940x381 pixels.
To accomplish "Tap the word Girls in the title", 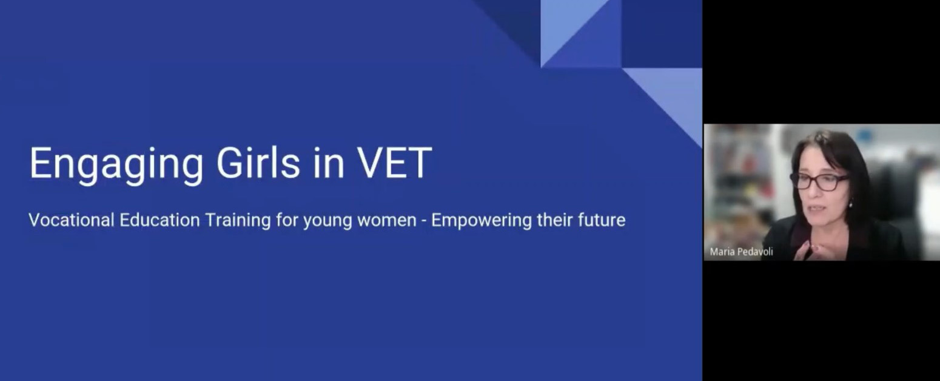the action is coord(258,163).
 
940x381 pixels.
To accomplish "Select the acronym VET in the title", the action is coord(395,163).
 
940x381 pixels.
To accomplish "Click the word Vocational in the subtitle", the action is coord(72,220).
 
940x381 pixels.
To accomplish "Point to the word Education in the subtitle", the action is coord(159,220).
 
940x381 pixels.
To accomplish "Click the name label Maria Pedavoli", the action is coord(741,252).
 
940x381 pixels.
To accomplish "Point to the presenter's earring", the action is coord(851,205).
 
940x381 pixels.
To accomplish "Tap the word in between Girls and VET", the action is coord(329,163).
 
